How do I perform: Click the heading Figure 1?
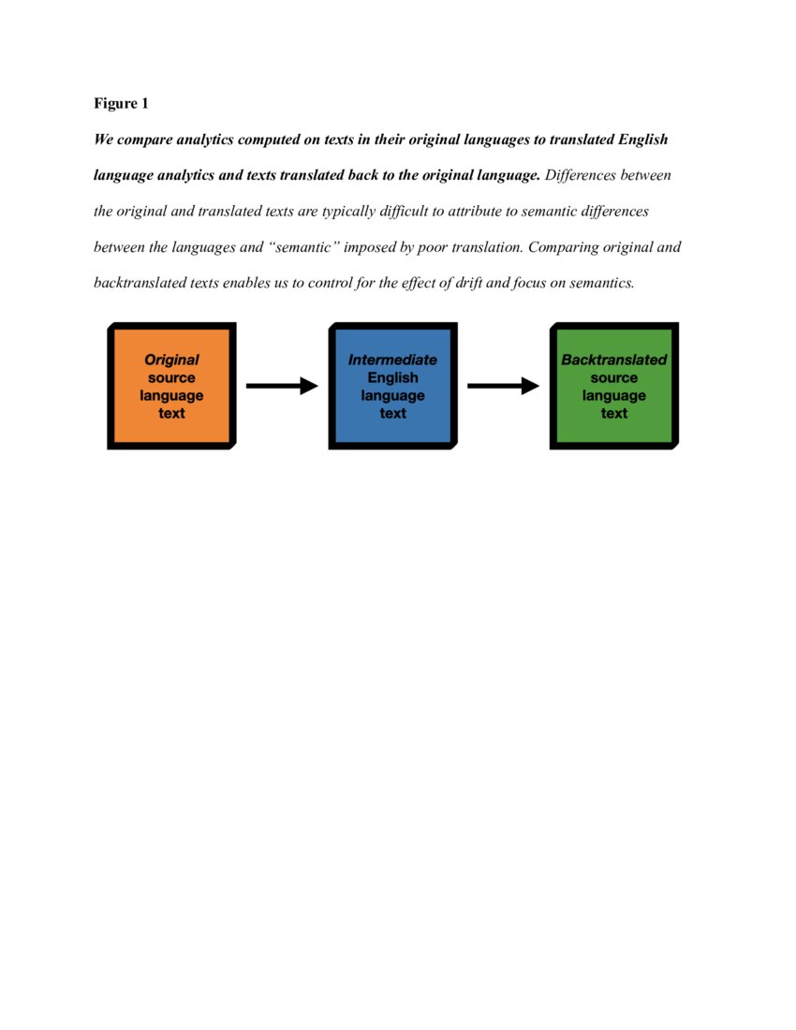(121, 103)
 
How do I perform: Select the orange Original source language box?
(171, 386)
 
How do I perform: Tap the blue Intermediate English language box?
(392, 386)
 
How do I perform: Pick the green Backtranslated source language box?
(613, 386)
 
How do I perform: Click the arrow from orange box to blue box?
(282, 386)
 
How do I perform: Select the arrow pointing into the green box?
(503, 386)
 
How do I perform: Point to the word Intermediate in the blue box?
(392, 360)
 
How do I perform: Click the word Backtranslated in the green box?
(613, 360)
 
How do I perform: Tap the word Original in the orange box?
(171, 360)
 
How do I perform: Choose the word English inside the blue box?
(392, 377)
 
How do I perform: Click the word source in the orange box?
(171, 377)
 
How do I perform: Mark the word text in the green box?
(613, 413)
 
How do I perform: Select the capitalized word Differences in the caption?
(581, 175)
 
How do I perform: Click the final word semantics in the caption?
(601, 283)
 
